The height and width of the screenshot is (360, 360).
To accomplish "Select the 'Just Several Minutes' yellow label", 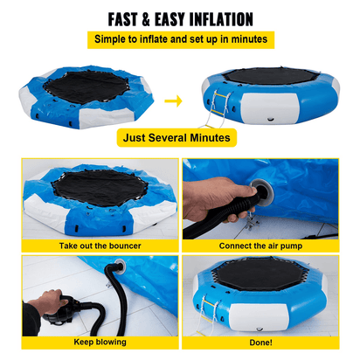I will tap(177, 137).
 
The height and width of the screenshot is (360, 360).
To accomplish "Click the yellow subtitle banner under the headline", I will tap(179, 40).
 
